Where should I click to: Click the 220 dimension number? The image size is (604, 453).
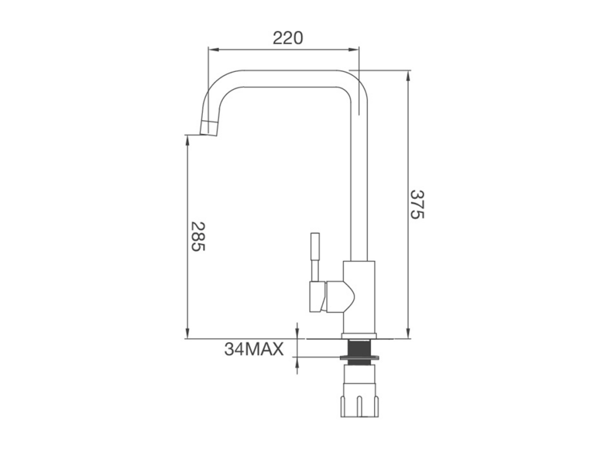pos(288,38)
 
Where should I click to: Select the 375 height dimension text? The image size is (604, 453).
pos(416,204)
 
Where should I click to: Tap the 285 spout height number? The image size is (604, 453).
pos(199,237)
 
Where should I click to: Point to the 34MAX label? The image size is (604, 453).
pos(254,349)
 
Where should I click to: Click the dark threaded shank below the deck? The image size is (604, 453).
pos(359,347)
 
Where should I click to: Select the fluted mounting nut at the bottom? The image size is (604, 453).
pos(359,401)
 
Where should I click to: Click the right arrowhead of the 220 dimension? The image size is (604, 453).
pos(354,49)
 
